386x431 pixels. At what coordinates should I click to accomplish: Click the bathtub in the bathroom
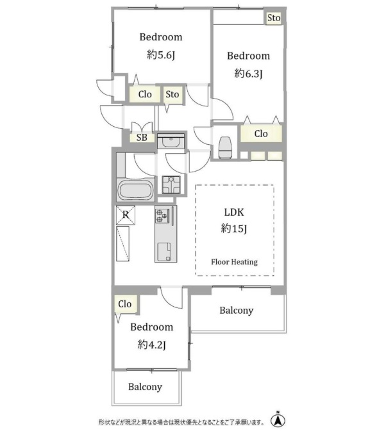(x=135, y=190)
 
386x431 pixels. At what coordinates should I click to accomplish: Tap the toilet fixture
(x=225, y=147)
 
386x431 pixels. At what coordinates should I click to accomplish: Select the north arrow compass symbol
(x=278, y=419)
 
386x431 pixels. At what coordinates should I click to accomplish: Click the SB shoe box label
(x=142, y=138)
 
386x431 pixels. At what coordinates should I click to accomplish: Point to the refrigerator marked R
(x=126, y=215)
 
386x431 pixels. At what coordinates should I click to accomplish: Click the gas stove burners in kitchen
(x=162, y=215)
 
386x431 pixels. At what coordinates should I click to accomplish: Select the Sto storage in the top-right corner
(x=274, y=18)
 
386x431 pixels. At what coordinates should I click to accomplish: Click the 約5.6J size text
(x=161, y=54)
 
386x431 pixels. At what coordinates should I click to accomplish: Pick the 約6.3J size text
(x=248, y=74)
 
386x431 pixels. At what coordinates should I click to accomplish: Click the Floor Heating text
(x=235, y=262)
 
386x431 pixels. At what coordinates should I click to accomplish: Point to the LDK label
(x=234, y=212)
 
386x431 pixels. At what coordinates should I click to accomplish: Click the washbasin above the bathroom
(x=171, y=142)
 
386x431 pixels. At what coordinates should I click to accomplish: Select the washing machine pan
(x=171, y=184)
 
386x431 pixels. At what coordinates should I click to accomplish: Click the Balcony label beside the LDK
(x=237, y=311)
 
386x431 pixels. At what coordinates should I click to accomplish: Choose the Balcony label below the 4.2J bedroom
(x=145, y=387)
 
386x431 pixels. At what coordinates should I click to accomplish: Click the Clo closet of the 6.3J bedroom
(x=261, y=134)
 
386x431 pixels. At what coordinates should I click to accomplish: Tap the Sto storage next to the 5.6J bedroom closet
(x=172, y=95)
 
